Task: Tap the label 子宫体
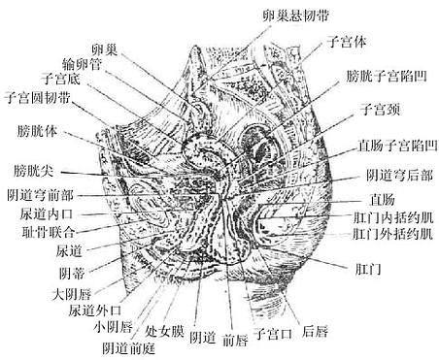point(346,44)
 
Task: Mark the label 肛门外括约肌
point(392,235)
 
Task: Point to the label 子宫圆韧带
point(40,98)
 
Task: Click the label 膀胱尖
point(33,170)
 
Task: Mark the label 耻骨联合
point(41,232)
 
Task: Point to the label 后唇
point(314,332)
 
